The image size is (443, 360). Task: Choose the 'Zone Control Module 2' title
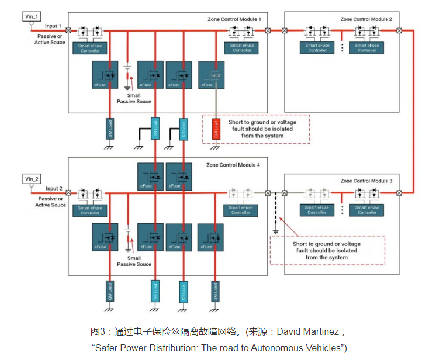click(x=366, y=19)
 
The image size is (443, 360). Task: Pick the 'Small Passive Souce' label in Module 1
click(x=134, y=98)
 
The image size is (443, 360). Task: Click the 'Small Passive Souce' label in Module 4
click(x=134, y=261)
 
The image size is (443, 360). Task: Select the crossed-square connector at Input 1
click(x=68, y=30)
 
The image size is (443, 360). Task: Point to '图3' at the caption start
click(x=98, y=332)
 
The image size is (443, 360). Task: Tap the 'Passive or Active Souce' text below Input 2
click(x=50, y=202)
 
